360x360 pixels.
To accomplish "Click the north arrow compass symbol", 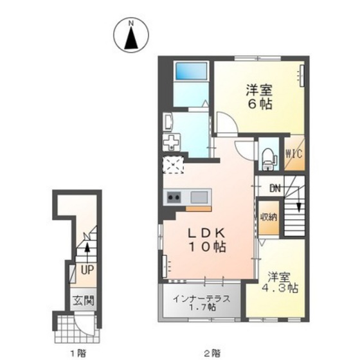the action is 131,35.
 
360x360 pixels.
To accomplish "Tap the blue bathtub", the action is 191,71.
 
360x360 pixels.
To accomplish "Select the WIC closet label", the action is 294,154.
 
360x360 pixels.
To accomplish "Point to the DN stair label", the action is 275,188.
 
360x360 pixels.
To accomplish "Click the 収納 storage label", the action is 269,217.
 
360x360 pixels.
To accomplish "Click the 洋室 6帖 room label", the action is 259,97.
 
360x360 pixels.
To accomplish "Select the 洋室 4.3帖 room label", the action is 280,282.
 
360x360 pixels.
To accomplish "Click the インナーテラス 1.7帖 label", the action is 201,303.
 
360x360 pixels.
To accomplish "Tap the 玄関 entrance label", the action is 84,301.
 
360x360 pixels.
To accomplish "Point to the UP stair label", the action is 87,270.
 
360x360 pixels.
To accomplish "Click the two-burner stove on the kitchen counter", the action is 174,197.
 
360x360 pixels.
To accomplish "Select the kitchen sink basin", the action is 199,197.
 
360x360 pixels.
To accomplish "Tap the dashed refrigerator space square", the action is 174,165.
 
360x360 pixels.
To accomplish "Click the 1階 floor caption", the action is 78,353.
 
